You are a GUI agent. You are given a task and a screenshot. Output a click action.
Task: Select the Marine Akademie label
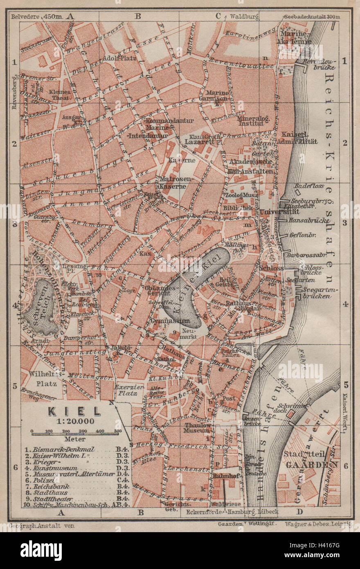tap(294, 37)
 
